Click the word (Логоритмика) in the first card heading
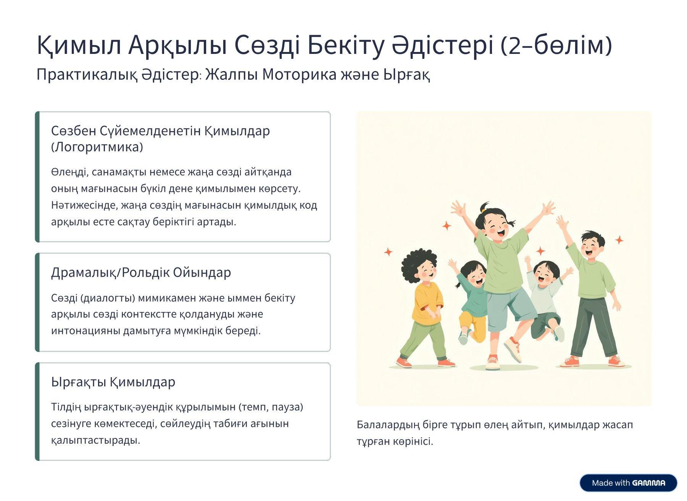pyautogui.click(x=97, y=147)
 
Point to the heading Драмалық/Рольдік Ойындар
pyautogui.click(x=141, y=272)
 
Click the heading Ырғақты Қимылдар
pyautogui.click(x=113, y=382)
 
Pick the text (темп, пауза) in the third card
pyautogui.click(x=271, y=407)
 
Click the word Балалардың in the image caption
pyautogui.click(x=388, y=425)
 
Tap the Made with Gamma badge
pyautogui.click(x=628, y=483)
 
